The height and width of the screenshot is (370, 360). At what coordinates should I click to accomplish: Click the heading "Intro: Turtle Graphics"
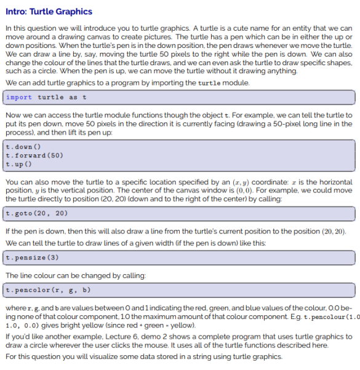point(49,12)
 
